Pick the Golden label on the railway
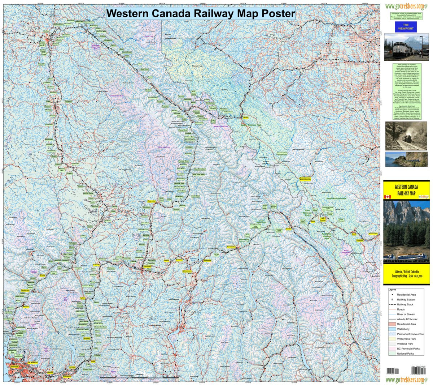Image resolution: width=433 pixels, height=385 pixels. (289, 229)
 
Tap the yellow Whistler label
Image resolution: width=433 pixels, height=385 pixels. (26, 307)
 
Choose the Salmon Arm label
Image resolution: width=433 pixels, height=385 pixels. (187, 270)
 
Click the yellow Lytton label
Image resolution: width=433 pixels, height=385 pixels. (83, 298)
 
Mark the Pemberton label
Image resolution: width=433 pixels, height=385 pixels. (25, 290)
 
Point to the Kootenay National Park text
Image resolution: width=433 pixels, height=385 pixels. (327, 236)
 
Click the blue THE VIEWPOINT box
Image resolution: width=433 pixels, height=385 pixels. (406, 27)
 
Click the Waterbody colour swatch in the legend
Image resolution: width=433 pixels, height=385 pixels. (392, 329)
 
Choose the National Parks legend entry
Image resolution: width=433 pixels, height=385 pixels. (405, 354)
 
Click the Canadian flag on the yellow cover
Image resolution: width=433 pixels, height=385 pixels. (388, 197)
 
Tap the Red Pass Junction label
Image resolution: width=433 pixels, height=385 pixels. (213, 107)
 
